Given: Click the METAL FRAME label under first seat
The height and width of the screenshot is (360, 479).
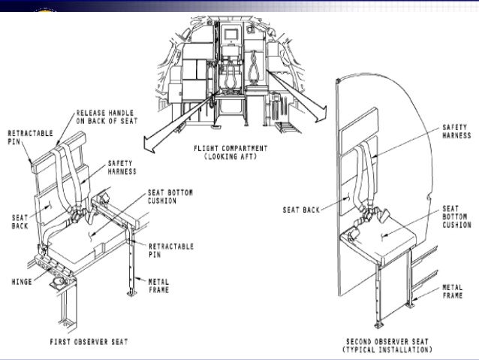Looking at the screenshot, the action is point(170,286).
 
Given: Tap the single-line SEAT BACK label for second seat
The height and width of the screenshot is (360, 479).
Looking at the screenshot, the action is point(300,210).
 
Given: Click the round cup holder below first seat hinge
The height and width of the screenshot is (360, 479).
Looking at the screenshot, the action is point(59,284).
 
